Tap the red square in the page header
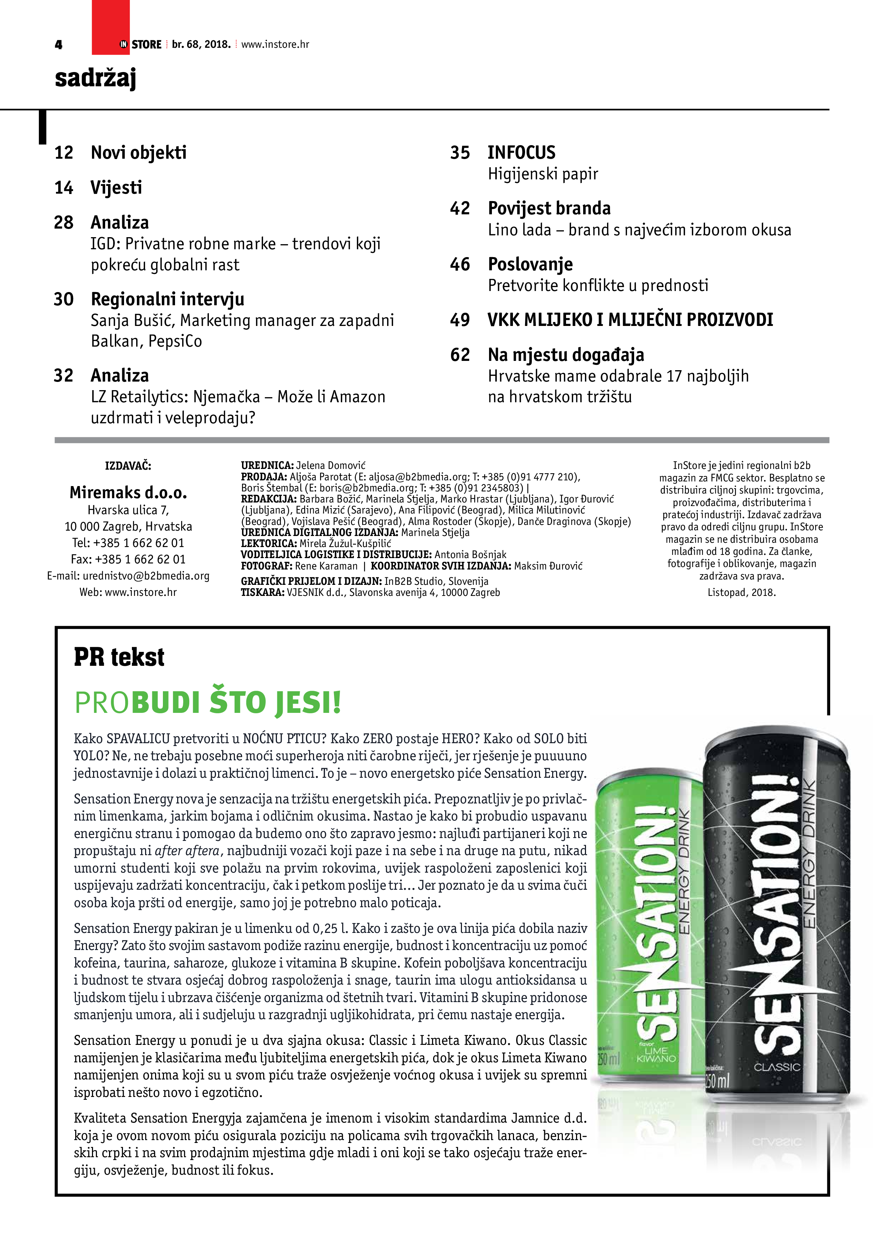tap(110, 27)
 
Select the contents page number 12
tap(64, 153)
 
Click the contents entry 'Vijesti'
tap(116, 188)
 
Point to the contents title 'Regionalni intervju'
tap(167, 299)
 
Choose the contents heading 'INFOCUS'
tap(521, 153)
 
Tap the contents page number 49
tap(460, 320)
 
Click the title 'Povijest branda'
tap(549, 208)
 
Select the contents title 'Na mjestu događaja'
tap(566, 355)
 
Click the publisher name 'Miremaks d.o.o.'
tap(128, 492)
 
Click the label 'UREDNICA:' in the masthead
tap(267, 465)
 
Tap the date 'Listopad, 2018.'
tap(741, 592)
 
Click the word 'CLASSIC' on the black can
tap(777, 1066)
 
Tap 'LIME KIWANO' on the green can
tap(656, 1054)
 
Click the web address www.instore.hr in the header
tap(275, 45)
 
